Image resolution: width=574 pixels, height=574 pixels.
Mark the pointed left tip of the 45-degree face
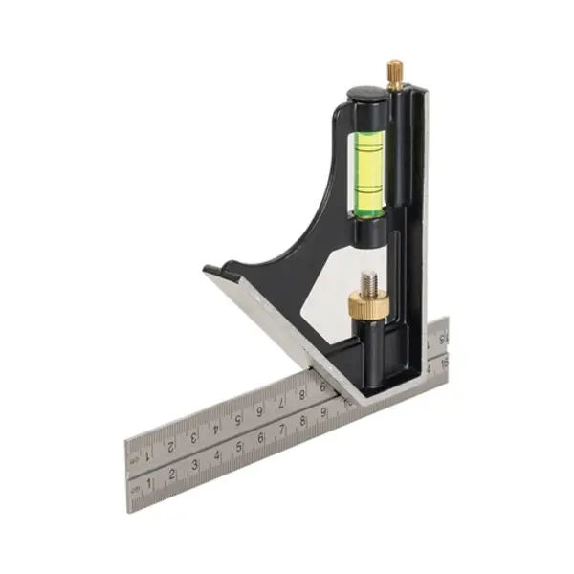[207, 271]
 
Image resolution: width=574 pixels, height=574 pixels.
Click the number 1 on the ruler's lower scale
[149, 483]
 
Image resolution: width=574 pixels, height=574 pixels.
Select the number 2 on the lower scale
[172, 475]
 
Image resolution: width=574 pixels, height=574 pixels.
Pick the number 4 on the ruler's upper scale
[214, 429]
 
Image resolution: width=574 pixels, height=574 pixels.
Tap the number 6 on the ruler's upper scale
[258, 412]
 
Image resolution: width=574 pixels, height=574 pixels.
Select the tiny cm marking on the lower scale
[135, 489]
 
